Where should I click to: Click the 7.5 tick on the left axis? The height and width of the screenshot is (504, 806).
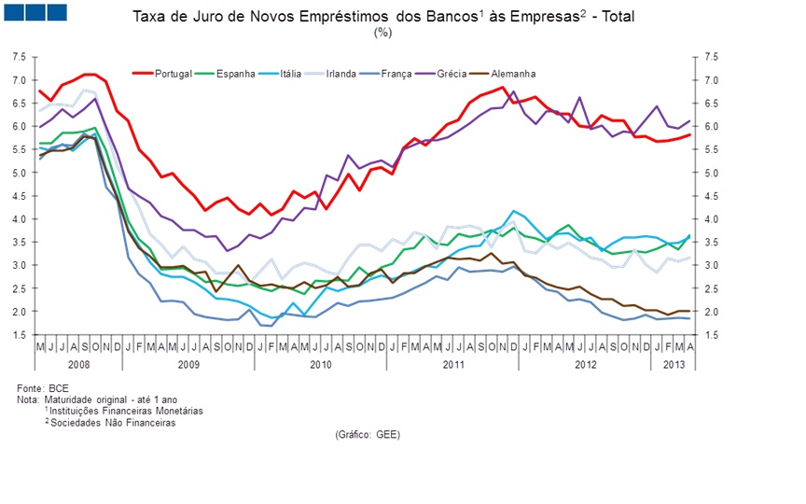click(20, 57)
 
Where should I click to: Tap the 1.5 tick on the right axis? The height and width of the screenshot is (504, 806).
click(712, 335)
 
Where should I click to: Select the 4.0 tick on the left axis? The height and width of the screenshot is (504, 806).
click(20, 219)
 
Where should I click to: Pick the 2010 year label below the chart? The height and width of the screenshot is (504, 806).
click(320, 363)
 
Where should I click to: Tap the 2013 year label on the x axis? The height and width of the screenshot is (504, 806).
click(671, 363)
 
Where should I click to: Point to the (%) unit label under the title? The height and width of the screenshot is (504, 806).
click(382, 32)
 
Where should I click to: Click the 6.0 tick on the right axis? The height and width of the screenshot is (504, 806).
click(712, 126)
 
